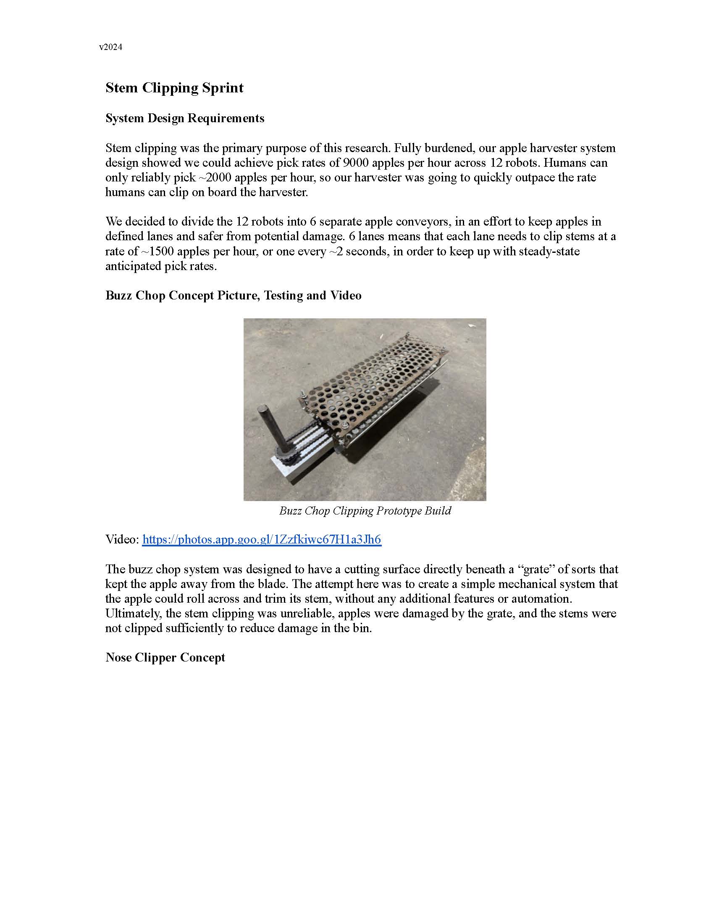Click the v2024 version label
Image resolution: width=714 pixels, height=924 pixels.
110,47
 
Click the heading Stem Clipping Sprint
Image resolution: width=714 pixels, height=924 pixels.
174,88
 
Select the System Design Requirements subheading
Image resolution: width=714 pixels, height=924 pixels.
185,118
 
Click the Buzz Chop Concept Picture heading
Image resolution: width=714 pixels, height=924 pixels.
233,295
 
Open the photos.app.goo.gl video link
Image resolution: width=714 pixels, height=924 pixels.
261,539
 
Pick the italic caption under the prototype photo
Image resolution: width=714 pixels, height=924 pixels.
365,511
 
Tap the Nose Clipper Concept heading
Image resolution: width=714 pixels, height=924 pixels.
165,657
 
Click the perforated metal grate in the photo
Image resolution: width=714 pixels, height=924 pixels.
372,381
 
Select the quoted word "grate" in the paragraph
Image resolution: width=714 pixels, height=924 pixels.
536,570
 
